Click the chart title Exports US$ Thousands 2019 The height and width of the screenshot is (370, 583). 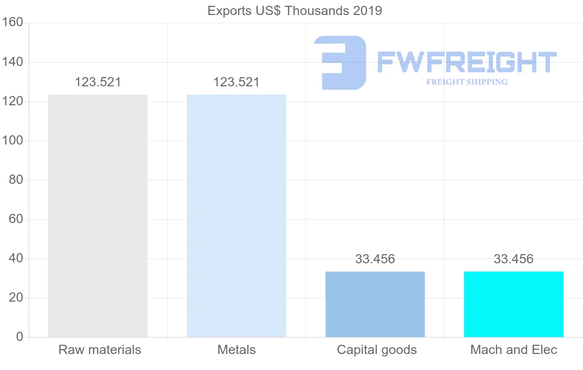pyautogui.click(x=294, y=11)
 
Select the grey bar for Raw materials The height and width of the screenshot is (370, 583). pyautogui.click(x=98, y=216)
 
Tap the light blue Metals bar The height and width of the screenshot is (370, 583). pyautogui.click(x=236, y=216)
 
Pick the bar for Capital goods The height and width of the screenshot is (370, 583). pyautogui.click(x=375, y=304)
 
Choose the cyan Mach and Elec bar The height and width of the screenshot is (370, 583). pyautogui.click(x=514, y=304)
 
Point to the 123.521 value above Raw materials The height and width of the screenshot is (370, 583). pyautogui.click(x=98, y=82)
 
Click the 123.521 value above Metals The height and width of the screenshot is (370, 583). pyautogui.click(x=236, y=82)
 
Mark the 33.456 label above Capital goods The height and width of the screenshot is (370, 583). pyautogui.click(x=375, y=259)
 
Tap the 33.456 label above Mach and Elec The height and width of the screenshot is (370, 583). pyautogui.click(x=514, y=259)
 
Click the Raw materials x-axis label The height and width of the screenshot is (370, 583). pyautogui.click(x=100, y=350)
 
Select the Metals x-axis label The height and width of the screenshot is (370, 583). pyautogui.click(x=236, y=350)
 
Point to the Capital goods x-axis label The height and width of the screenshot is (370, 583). pyautogui.click(x=377, y=350)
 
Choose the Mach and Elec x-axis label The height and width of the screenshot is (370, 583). pyautogui.click(x=514, y=350)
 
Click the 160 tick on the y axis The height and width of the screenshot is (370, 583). pyautogui.click(x=13, y=23)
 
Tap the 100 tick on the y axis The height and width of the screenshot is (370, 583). pyautogui.click(x=13, y=141)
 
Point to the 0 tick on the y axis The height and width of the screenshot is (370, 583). pyautogui.click(x=19, y=337)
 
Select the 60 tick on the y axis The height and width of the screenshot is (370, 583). pyautogui.click(x=16, y=219)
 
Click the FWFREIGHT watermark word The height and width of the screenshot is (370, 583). pyautogui.click(x=466, y=62)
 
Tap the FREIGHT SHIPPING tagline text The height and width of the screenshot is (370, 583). pyautogui.click(x=466, y=82)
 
